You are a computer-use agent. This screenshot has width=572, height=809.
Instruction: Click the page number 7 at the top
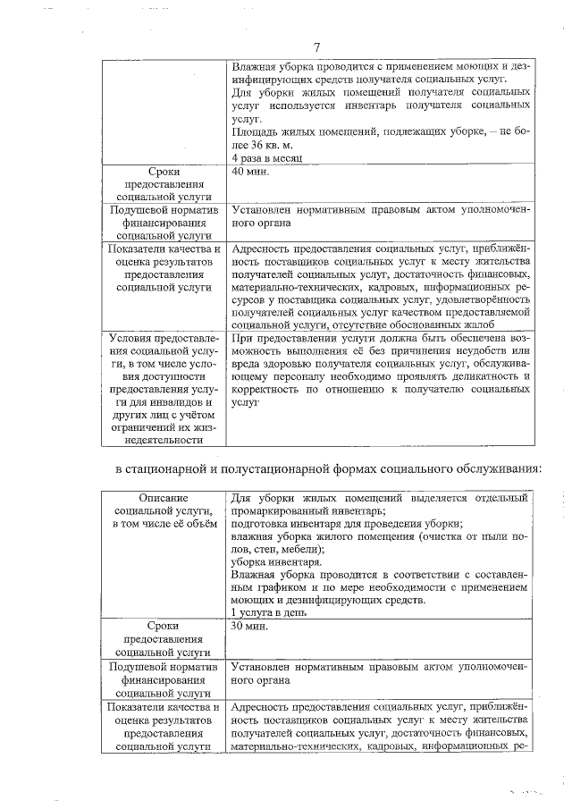(x=316, y=47)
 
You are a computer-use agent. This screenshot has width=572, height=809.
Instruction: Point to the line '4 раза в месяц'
(x=267, y=156)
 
